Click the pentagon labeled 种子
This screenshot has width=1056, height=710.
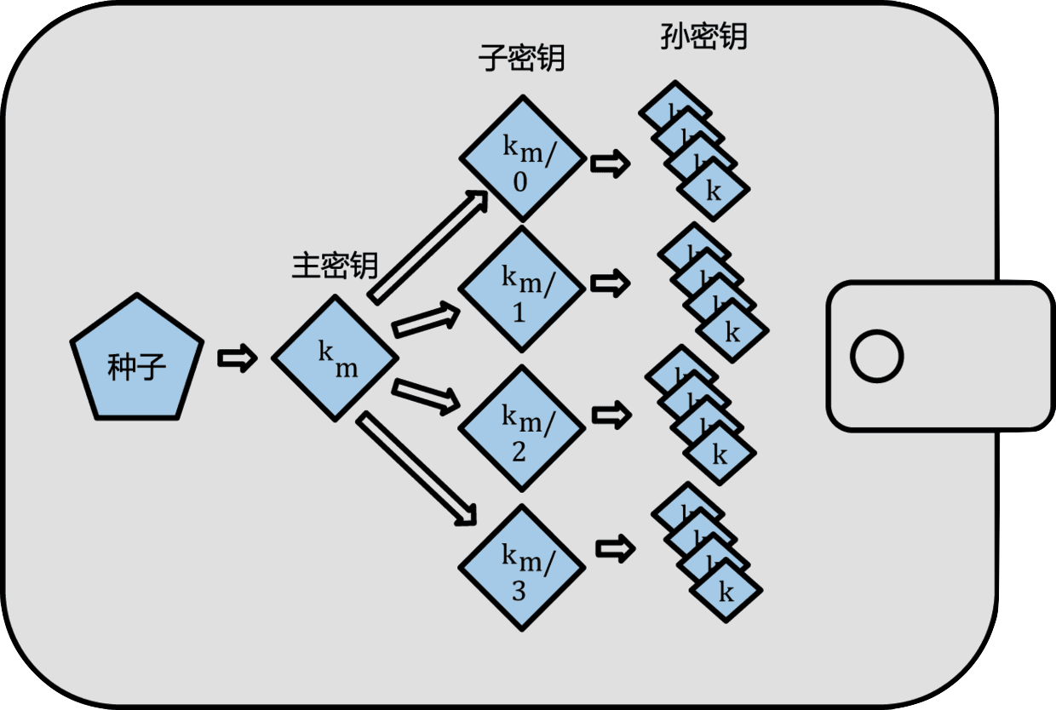point(136,362)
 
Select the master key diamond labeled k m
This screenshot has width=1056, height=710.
point(335,358)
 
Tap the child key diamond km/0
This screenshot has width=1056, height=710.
point(522,159)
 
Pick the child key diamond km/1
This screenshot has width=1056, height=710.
point(522,289)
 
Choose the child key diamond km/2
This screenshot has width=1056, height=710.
point(522,428)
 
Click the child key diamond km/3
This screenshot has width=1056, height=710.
point(522,568)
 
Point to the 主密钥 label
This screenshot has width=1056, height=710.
point(335,266)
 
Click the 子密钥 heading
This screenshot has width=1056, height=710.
point(522,59)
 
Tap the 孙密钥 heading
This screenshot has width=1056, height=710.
point(703,37)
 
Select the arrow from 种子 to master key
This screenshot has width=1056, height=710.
point(237,358)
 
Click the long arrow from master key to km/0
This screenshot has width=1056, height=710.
point(428,247)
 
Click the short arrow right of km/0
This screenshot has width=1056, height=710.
point(611,163)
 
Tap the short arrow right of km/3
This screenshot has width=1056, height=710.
point(615,548)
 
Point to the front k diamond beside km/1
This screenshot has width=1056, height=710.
point(732,332)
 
